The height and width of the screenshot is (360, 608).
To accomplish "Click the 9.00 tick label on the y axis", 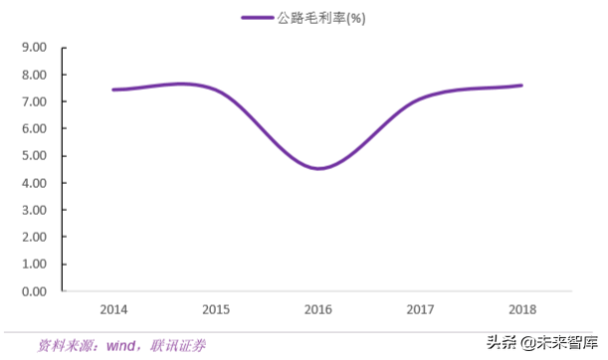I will [x=34, y=47].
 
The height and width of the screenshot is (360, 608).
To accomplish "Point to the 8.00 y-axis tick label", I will [x=34, y=75].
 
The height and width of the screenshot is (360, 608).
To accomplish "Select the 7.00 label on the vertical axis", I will [x=34, y=101].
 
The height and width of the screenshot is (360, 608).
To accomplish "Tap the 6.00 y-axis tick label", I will [x=34, y=128].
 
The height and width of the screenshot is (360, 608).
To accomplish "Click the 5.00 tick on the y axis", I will [x=34, y=156].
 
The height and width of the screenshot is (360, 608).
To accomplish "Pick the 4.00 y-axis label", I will [x=34, y=183].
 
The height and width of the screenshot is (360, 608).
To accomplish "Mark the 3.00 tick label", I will [x=34, y=210].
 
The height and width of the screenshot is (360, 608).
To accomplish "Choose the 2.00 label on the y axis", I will [x=34, y=238].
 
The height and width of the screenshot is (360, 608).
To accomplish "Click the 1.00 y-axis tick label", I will [x=34, y=265].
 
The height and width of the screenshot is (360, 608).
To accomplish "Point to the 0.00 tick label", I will [x=34, y=291].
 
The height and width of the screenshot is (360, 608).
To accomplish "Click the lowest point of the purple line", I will [x=317, y=168].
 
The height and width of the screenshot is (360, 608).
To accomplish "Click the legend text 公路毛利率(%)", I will [x=320, y=19].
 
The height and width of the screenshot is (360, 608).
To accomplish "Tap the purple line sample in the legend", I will [x=258, y=19].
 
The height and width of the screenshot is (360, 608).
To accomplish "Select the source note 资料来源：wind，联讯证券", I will [x=122, y=345].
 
